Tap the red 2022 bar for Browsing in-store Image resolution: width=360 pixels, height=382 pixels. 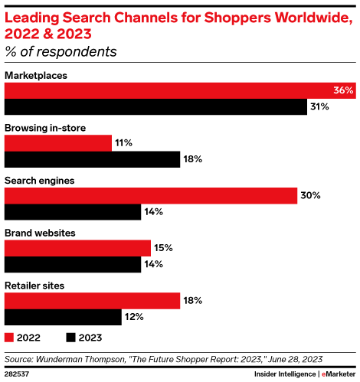pos(58,143)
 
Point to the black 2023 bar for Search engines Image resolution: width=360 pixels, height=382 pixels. pos(73,212)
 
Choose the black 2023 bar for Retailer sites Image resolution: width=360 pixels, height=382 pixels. pos(64,316)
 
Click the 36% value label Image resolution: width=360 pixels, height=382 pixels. pos(343,90)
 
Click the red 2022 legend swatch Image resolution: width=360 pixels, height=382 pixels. pos(9,337)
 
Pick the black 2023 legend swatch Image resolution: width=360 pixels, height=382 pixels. pos(71,337)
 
